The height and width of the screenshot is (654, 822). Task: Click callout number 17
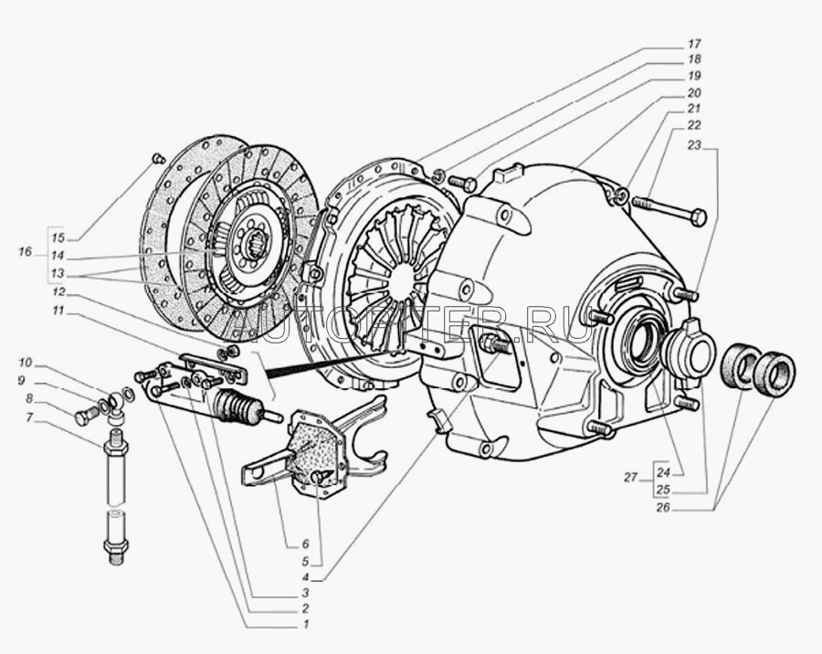(x=693, y=44)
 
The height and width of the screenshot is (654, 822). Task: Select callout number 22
(x=693, y=125)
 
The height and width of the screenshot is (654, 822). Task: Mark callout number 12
(x=58, y=292)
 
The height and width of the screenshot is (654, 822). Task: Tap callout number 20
(x=693, y=92)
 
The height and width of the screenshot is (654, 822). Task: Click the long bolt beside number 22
(x=671, y=210)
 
